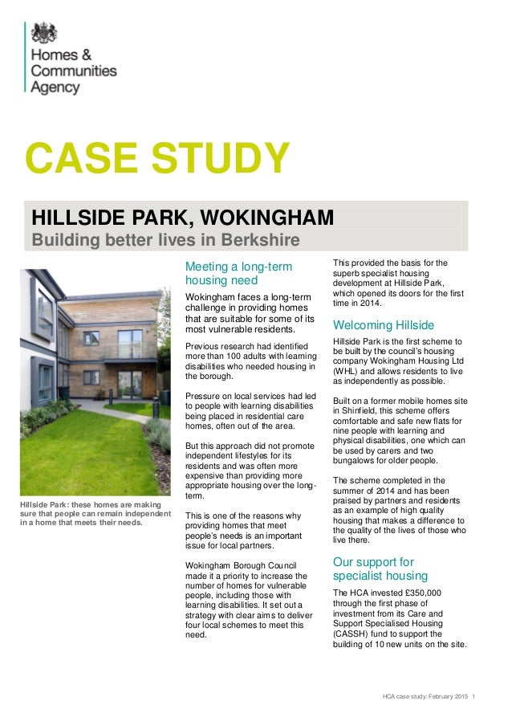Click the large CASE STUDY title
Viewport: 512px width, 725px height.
(156, 157)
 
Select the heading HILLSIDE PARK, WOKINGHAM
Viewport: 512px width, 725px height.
(182, 218)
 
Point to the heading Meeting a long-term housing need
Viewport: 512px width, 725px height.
(238, 273)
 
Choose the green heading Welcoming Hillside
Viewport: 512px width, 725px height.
(383, 325)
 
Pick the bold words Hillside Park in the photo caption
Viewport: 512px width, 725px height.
(45, 504)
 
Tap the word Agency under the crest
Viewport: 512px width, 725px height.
(55, 88)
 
